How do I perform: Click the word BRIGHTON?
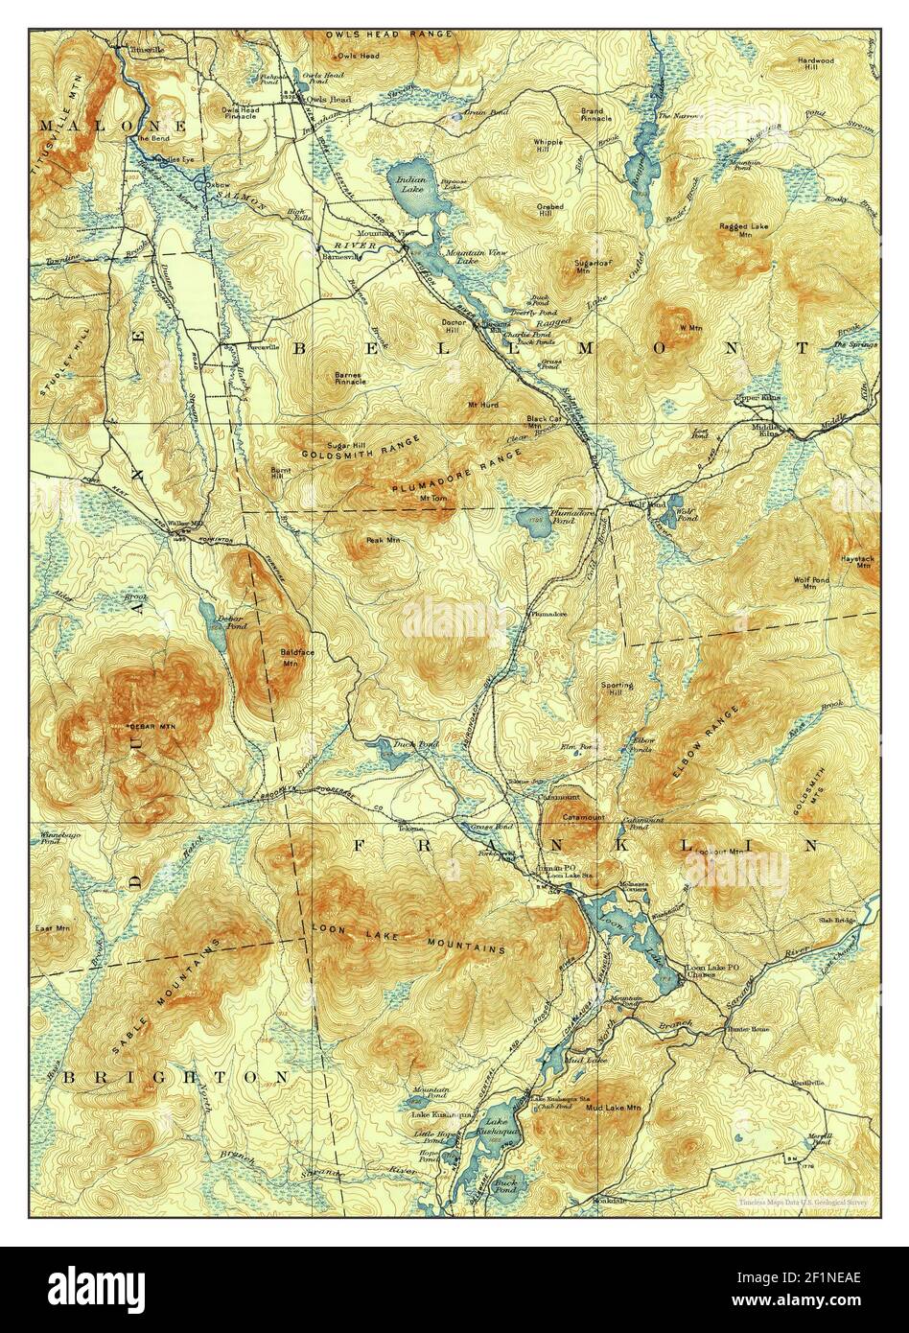pyautogui.click(x=175, y=1077)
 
